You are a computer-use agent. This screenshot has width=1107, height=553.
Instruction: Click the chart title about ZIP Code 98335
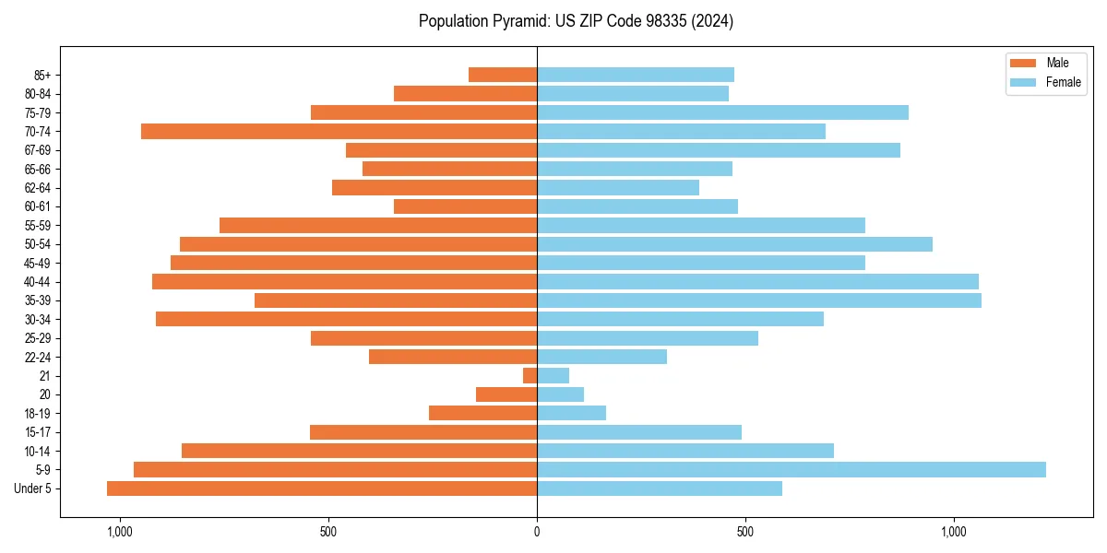tap(576, 21)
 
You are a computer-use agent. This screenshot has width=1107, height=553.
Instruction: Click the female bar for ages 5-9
tap(791, 470)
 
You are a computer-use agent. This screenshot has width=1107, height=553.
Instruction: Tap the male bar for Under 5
tap(322, 488)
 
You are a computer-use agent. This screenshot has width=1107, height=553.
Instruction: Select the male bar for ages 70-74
tap(339, 132)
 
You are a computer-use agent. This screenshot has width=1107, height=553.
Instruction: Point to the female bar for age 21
tap(553, 376)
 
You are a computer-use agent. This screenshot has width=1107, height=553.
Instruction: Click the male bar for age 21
tap(530, 376)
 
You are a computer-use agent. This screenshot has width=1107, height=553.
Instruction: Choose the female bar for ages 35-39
tap(758, 300)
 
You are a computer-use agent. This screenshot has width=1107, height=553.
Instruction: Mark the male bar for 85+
tap(503, 75)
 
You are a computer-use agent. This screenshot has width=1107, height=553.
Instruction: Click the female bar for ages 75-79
tap(722, 112)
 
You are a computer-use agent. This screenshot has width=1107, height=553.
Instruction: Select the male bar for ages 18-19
tap(482, 413)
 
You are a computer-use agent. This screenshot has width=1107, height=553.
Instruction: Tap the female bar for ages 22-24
tap(601, 357)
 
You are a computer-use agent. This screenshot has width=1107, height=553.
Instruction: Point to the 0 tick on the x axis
tap(537, 531)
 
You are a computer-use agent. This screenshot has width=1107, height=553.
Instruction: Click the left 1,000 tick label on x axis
tap(120, 531)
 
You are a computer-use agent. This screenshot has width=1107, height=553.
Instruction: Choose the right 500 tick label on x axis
tap(745, 531)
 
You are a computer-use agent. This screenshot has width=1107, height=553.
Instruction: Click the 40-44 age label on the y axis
tap(37, 282)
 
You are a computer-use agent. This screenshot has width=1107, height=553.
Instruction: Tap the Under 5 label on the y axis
tap(33, 488)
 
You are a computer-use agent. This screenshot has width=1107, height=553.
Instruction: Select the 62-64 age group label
tap(37, 188)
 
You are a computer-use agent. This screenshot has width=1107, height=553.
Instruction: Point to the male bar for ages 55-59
tap(378, 226)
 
